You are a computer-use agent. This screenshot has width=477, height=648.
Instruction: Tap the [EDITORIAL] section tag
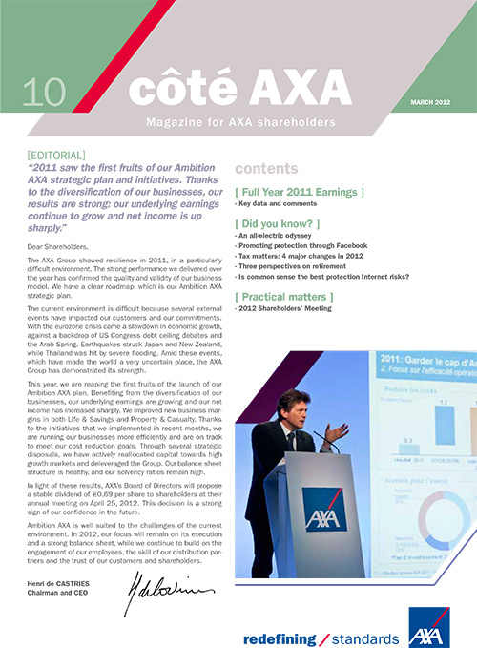tap(58, 153)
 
